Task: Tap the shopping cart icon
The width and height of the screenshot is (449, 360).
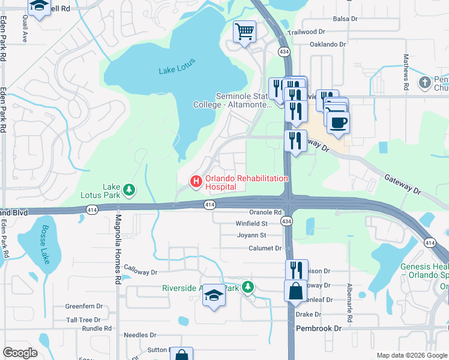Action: (244, 31)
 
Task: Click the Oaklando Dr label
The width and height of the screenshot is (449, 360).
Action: (328, 44)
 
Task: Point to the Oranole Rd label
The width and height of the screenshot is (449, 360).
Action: (265, 212)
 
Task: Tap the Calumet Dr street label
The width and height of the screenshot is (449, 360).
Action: (265, 248)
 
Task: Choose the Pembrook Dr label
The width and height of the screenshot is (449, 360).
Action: (318, 328)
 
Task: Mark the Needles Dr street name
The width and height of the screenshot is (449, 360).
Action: (139, 335)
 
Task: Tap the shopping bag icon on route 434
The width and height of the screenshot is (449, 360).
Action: (296, 292)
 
